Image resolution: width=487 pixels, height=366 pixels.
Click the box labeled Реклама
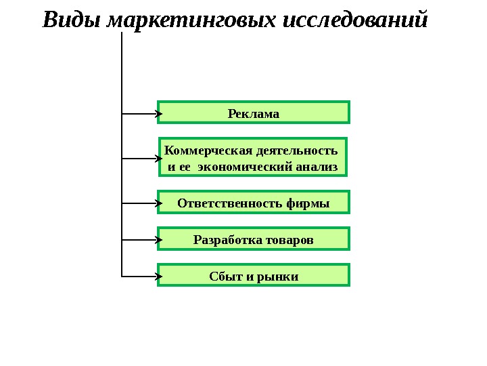[254, 113]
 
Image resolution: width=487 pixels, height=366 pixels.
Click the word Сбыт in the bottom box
[223, 276]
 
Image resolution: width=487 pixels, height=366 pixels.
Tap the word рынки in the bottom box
[281, 276]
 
